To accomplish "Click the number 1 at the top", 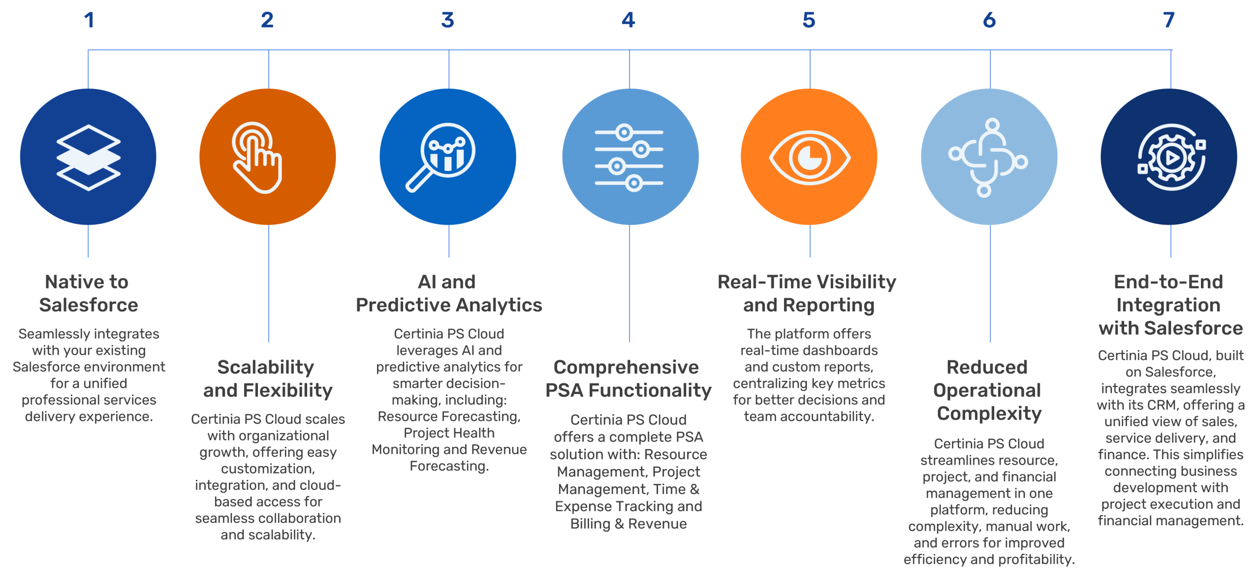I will (x=89, y=20).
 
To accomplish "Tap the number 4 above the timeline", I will (x=629, y=20).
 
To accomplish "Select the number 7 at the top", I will (x=1169, y=20).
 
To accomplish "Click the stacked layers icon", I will (x=88, y=157).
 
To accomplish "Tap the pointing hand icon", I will (x=257, y=157).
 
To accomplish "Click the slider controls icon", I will (x=629, y=158).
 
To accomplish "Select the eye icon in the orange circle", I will (x=809, y=158).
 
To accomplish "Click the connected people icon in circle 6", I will (x=988, y=158).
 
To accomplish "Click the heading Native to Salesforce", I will (x=88, y=294).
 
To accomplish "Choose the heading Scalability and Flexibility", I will (x=268, y=378).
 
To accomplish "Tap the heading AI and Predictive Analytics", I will (x=449, y=294).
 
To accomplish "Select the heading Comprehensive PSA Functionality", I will (x=629, y=378).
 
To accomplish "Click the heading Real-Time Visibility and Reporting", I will (x=808, y=294).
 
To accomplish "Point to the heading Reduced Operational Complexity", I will (x=988, y=390).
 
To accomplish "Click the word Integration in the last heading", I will (x=1168, y=305).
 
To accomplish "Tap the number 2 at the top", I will (x=267, y=20).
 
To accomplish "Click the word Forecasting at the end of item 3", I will (x=449, y=466).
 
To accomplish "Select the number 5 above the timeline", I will (x=809, y=20).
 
